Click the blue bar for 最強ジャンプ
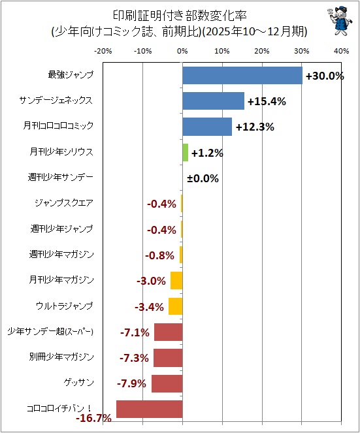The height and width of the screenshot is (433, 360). coord(242,75)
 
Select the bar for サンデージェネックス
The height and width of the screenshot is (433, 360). coord(213,101)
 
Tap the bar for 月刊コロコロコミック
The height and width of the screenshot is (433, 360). coord(207,127)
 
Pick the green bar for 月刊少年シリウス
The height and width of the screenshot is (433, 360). coord(185,152)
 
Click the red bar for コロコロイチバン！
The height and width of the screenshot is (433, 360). coord(149,409)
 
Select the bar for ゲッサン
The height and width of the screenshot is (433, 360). coord(167,383)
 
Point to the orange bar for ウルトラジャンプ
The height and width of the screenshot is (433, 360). coord(176,306)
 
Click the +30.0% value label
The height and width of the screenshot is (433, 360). coord(325,76)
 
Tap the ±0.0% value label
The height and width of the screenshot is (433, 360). coord(203,178)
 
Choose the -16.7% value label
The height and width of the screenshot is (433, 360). coord(93,418)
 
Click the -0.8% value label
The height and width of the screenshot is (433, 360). coord(159,255)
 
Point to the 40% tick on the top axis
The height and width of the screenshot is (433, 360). coord(341,51)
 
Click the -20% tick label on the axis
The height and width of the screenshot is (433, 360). coord(103,51)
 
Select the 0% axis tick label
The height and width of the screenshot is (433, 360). coord(182,51)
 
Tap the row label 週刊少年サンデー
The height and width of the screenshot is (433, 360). coord(61,177)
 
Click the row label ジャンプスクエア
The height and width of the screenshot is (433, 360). coord(64,203)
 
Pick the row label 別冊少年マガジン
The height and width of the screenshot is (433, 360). coord(61,357)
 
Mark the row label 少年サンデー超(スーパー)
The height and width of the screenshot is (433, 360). coord(50,331)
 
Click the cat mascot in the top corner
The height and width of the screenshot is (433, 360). coord(340,22)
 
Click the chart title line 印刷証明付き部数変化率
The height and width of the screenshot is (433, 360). coord(180,16)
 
